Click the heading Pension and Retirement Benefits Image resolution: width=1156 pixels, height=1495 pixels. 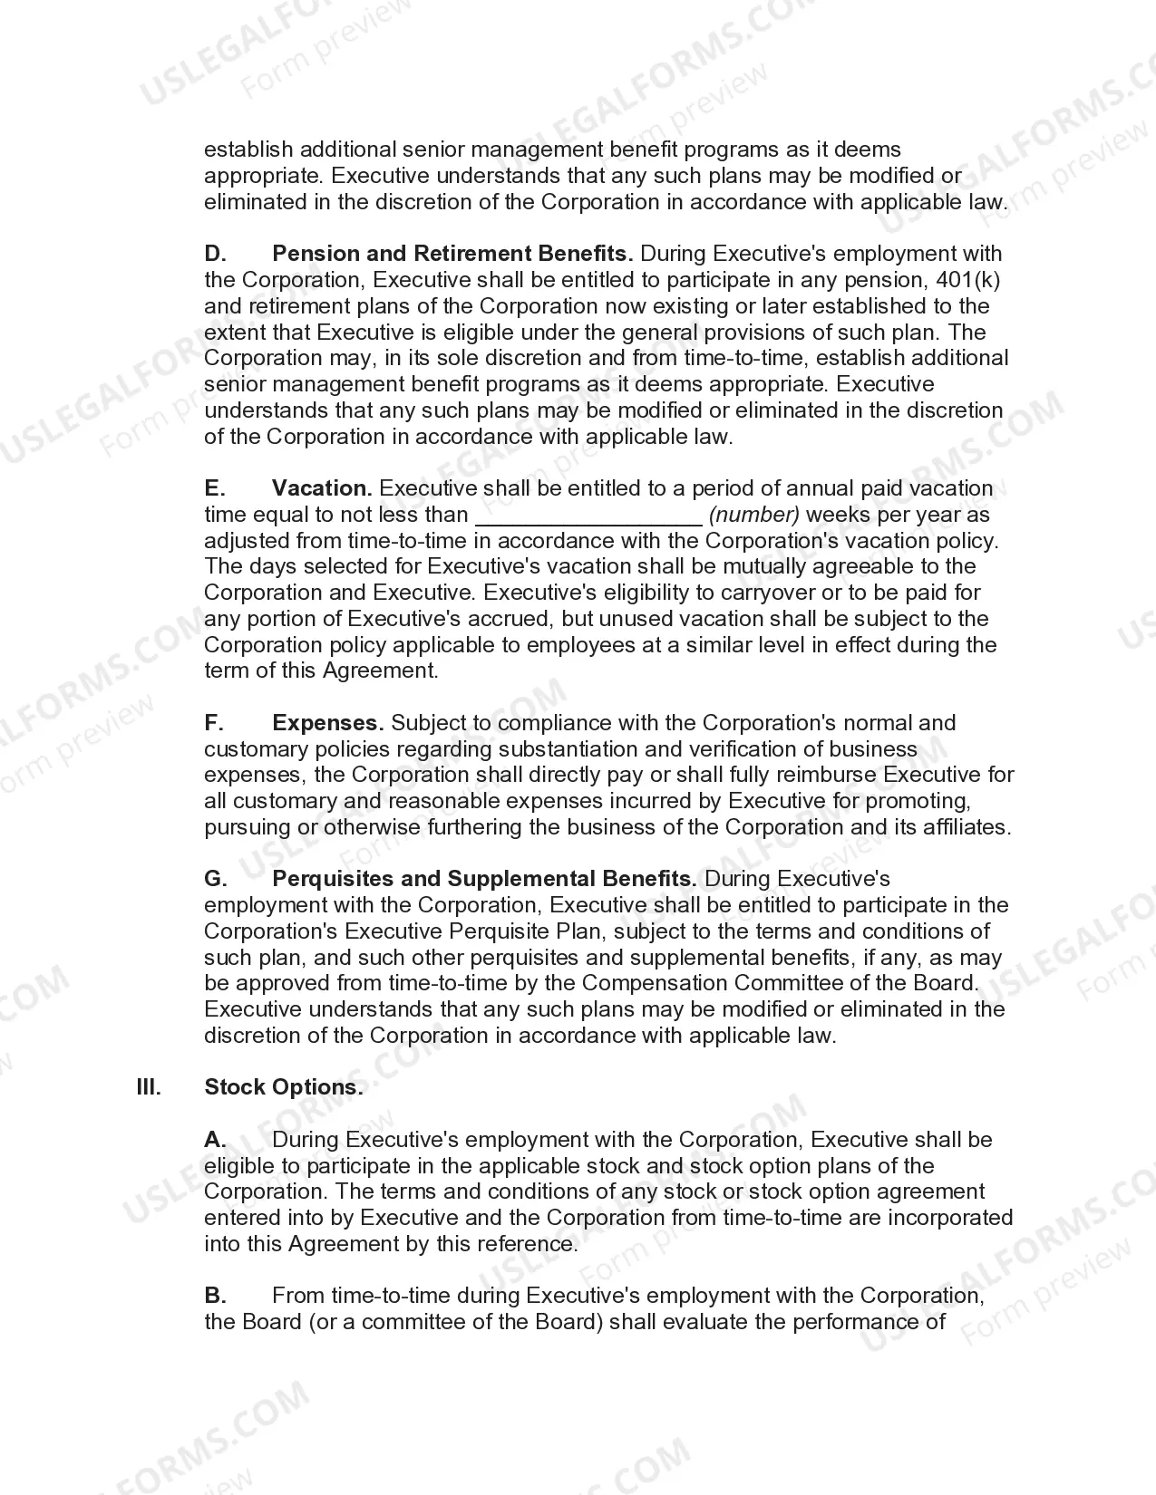tap(452, 254)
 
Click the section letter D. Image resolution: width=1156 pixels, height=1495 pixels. tap(215, 254)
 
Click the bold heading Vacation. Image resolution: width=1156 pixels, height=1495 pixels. tap(322, 488)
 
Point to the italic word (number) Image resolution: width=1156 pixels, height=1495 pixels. tap(753, 515)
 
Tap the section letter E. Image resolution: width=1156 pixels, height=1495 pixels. tap(214, 488)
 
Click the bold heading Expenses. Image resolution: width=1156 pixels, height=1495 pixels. tap(327, 723)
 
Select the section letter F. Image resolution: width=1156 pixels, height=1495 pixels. tap(213, 723)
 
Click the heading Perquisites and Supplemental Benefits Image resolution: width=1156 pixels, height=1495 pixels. tap(484, 879)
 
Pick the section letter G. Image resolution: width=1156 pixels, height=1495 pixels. tap(215, 879)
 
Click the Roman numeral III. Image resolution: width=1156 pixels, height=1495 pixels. tap(149, 1087)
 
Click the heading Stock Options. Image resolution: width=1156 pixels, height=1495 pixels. tap(283, 1087)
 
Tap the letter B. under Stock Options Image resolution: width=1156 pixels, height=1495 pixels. tap(215, 1296)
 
